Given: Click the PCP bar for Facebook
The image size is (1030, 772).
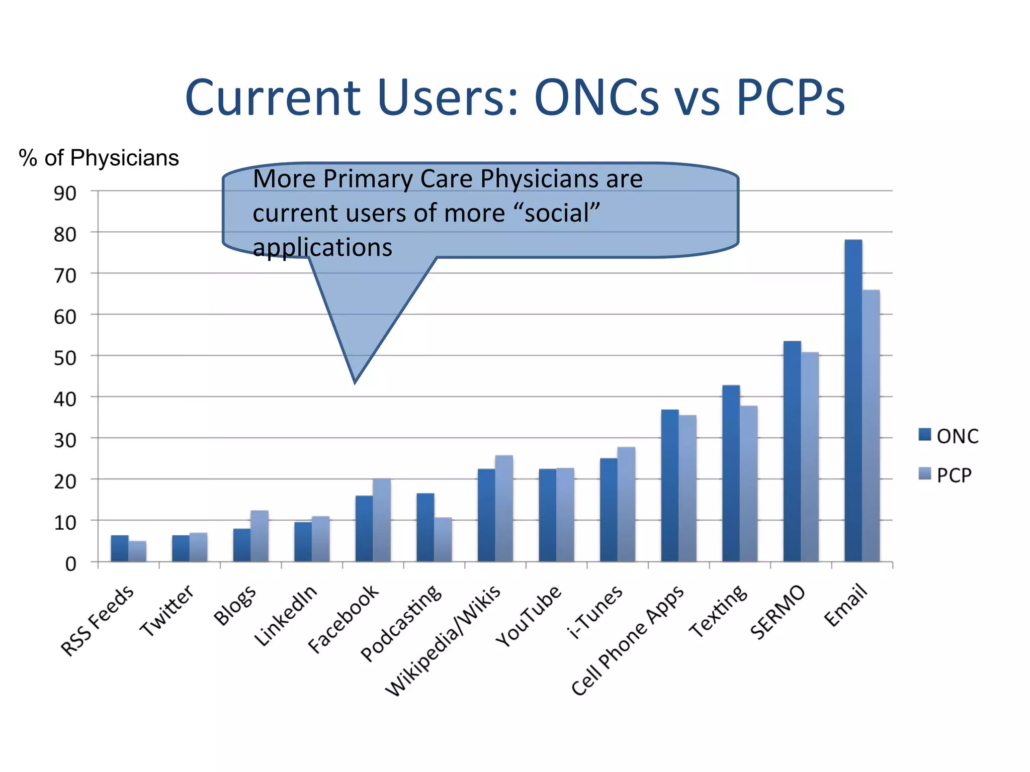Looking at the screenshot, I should click(x=382, y=520).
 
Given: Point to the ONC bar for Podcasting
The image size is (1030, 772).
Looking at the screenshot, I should click(x=425, y=527).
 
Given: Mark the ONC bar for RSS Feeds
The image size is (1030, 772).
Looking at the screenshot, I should click(x=120, y=548).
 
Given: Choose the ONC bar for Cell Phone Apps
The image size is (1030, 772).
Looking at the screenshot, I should click(x=670, y=486).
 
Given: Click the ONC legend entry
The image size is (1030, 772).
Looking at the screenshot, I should click(x=949, y=436).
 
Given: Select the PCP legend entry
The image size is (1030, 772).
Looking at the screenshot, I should click(x=945, y=475).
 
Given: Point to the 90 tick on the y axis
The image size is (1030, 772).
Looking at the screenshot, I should click(x=65, y=193).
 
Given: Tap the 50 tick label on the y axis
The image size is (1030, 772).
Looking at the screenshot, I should click(x=65, y=358).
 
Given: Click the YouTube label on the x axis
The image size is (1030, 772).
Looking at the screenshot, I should click(x=528, y=616).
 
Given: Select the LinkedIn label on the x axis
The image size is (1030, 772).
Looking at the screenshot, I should click(x=286, y=615).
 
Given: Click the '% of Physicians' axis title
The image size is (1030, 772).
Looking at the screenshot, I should click(x=99, y=158).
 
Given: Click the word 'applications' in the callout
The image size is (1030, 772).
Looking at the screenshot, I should click(x=322, y=248).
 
